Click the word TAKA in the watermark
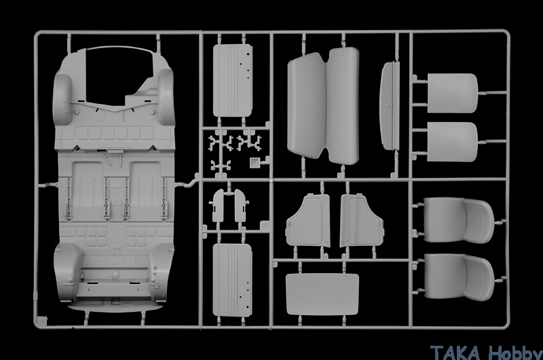(x=455, y=353)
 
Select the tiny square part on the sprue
(x=254, y=162)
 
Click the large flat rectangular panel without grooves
(x=322, y=294)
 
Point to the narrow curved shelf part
(x=390, y=106)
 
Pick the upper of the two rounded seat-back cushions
(x=452, y=93)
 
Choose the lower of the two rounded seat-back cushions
(x=452, y=141)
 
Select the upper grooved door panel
(x=232, y=80)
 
